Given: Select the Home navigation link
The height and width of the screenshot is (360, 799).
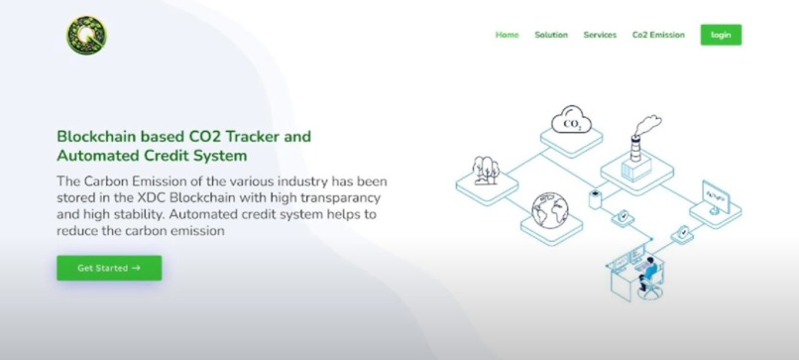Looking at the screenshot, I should coord(507,35).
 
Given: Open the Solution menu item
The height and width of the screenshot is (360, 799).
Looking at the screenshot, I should coord(551,35).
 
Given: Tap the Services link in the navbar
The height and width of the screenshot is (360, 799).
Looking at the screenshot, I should coord(600,35).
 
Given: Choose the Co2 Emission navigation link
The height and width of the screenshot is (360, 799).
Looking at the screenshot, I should coord(658,35).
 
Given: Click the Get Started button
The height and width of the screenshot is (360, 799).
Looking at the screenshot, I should coord(109,268).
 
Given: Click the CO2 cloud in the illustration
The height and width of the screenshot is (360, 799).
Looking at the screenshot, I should coord(572,122).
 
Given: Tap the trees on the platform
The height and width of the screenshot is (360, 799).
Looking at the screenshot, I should coord(486,170).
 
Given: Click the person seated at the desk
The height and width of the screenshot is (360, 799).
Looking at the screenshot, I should coord(647,269).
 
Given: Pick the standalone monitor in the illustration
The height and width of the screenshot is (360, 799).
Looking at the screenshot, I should coord(723,191).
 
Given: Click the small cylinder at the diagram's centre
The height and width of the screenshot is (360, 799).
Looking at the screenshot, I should coord(596,197).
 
